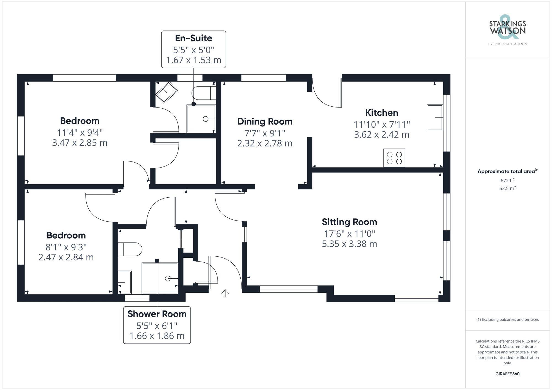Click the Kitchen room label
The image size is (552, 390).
[381, 113]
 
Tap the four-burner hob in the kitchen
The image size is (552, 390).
[394, 158]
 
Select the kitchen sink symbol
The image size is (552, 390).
[435, 118]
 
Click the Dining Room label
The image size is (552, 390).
[265, 122]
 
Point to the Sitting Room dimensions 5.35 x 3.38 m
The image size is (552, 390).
[349, 244]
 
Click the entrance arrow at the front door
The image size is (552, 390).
[225, 293]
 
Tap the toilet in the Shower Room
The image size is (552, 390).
[129, 249]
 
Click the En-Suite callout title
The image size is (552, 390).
[193, 38]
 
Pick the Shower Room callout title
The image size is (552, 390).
[157, 314]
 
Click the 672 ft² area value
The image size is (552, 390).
[507, 181]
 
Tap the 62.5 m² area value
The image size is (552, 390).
[507, 189]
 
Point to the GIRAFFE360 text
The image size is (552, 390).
[507, 374]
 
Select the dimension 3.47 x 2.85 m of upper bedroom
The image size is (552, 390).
[79, 143]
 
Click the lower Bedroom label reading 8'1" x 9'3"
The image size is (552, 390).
[66, 247]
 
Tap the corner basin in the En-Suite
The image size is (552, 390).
[166, 92]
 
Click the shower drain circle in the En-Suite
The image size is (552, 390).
[205, 119]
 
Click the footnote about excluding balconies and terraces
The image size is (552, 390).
[507, 319]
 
